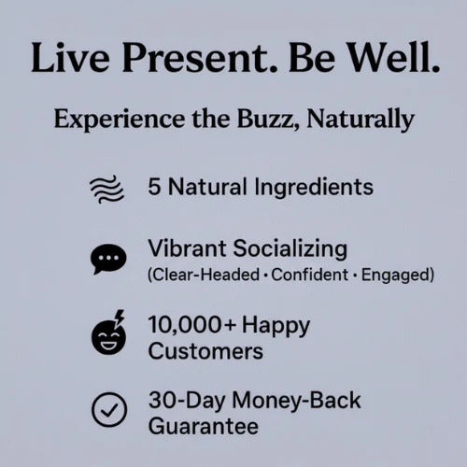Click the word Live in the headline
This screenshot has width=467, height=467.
70,58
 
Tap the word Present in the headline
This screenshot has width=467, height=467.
199,58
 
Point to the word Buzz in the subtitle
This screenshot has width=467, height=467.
266,120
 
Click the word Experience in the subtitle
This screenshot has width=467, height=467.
120,120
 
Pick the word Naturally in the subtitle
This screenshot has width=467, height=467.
361,120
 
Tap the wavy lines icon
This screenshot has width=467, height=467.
106,189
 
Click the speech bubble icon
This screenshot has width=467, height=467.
108,260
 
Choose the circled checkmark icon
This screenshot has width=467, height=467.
109,409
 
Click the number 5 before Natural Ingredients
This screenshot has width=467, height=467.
154,187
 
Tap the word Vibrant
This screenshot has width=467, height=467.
187,248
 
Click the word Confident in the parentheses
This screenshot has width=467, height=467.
310,275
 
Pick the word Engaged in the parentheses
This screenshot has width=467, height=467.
395,276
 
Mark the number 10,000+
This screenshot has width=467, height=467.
191,325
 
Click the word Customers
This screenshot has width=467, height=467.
205,351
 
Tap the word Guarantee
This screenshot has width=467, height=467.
204,426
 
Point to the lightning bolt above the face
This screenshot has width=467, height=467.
120,318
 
